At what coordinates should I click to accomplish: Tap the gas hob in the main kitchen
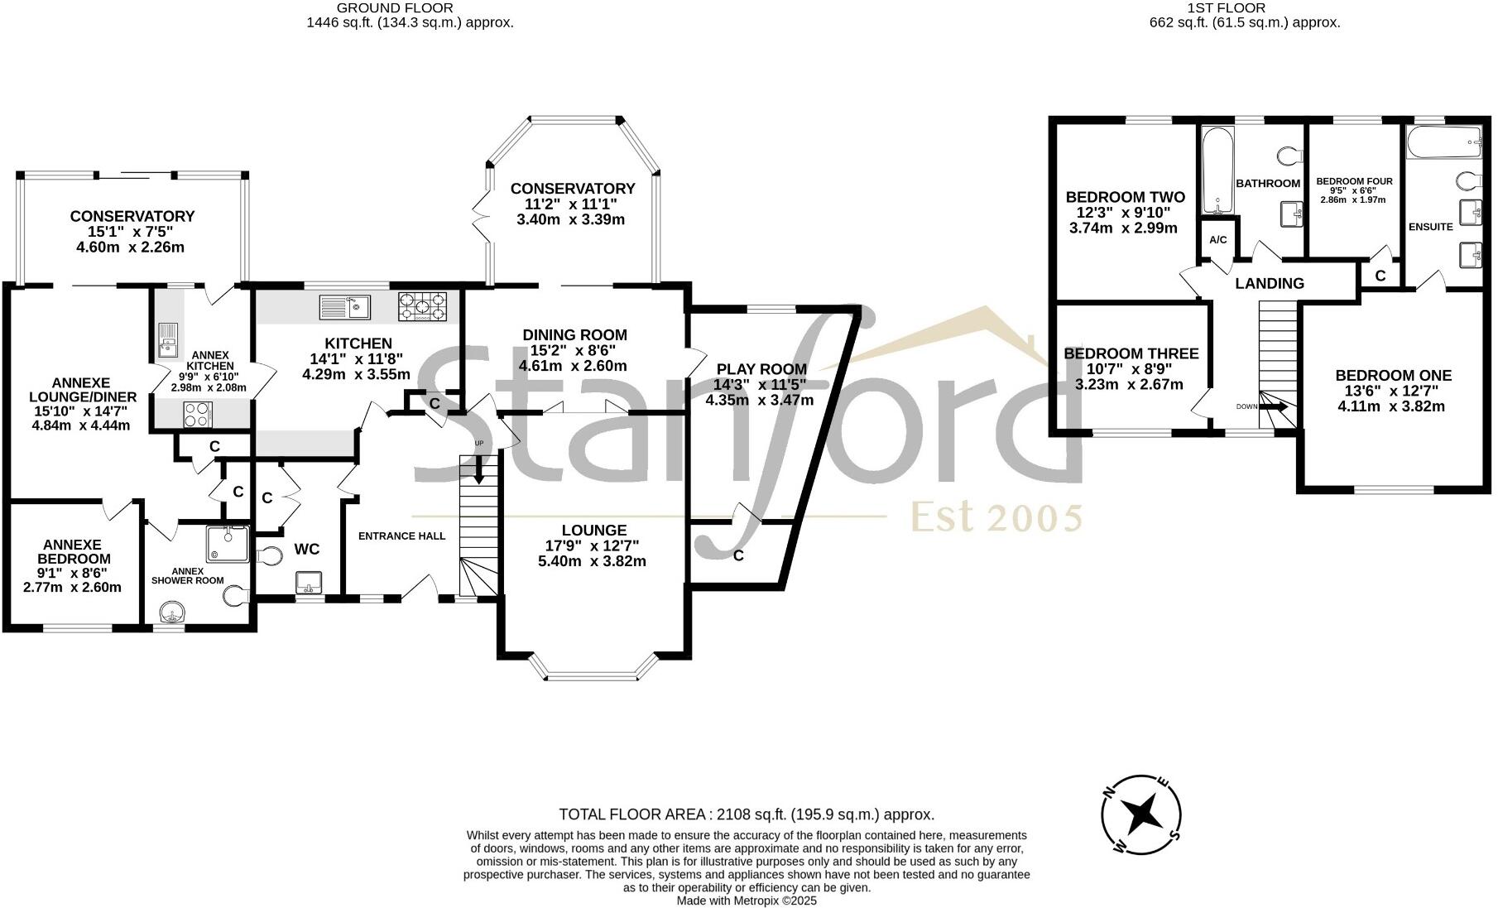click(x=423, y=306)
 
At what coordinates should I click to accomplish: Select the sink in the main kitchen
click(x=345, y=307)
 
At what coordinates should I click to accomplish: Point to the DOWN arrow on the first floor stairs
click(x=1274, y=406)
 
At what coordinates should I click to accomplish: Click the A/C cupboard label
click(x=1217, y=240)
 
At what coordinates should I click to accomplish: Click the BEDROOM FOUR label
click(x=1354, y=181)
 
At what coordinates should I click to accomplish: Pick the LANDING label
click(x=1270, y=283)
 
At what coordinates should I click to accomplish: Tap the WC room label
click(x=307, y=549)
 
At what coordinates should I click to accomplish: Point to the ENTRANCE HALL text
click(x=401, y=536)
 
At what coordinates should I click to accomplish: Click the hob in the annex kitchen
click(x=197, y=413)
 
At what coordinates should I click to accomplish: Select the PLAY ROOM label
click(x=761, y=369)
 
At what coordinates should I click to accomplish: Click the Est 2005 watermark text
click(x=996, y=518)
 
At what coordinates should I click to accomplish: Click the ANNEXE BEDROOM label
click(x=72, y=552)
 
